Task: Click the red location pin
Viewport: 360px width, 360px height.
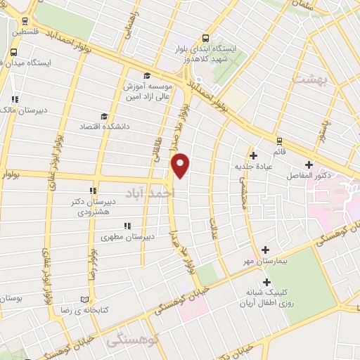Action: (x=181, y=165)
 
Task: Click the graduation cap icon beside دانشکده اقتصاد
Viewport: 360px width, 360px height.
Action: (x=104, y=117)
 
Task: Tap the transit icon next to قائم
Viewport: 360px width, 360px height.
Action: (x=279, y=141)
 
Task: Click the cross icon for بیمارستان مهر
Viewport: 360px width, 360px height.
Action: (x=265, y=250)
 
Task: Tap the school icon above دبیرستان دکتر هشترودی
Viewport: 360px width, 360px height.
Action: (x=93, y=191)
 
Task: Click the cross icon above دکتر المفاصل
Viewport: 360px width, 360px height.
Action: (x=308, y=164)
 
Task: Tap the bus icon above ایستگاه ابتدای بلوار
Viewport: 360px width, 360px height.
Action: (x=205, y=39)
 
